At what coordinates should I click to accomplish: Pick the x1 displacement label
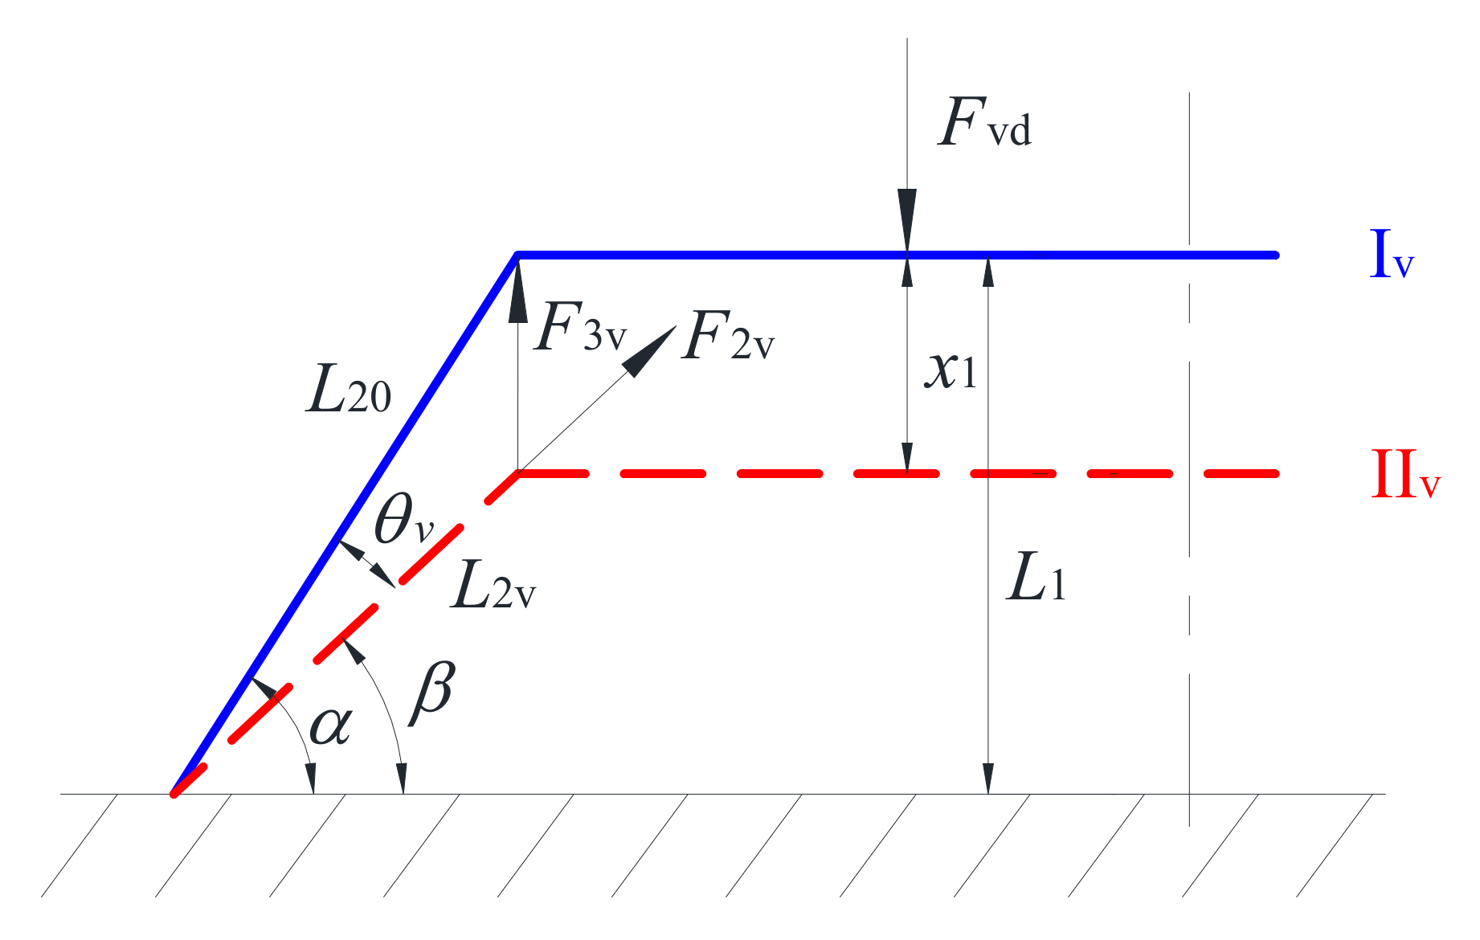pos(951,370)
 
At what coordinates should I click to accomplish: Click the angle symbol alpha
pos(330,725)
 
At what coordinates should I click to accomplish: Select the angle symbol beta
pos(432,693)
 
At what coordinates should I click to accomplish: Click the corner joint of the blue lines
pos(518,255)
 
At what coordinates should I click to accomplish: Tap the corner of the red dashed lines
pos(518,474)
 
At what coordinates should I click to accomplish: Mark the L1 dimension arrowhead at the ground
pos(988,778)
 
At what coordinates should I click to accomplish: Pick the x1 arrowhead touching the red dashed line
pos(907,460)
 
